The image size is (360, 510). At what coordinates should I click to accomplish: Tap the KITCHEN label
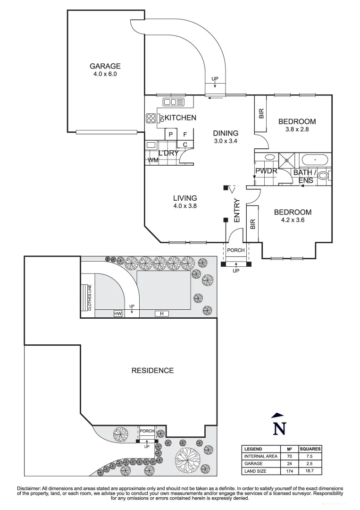[x=180, y=118]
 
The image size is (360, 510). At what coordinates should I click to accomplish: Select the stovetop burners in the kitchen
[x=151, y=118]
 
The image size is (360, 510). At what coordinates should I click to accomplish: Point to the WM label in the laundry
[x=153, y=161]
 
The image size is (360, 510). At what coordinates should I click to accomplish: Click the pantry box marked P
[x=170, y=134]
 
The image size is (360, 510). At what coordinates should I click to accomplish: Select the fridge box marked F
[x=185, y=134]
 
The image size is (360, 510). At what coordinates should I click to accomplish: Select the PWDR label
[x=266, y=171]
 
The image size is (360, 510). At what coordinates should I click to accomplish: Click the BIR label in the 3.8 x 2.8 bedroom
[x=261, y=114]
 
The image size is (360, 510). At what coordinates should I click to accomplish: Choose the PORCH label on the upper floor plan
[x=236, y=250]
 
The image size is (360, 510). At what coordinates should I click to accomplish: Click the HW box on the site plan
[x=117, y=314]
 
